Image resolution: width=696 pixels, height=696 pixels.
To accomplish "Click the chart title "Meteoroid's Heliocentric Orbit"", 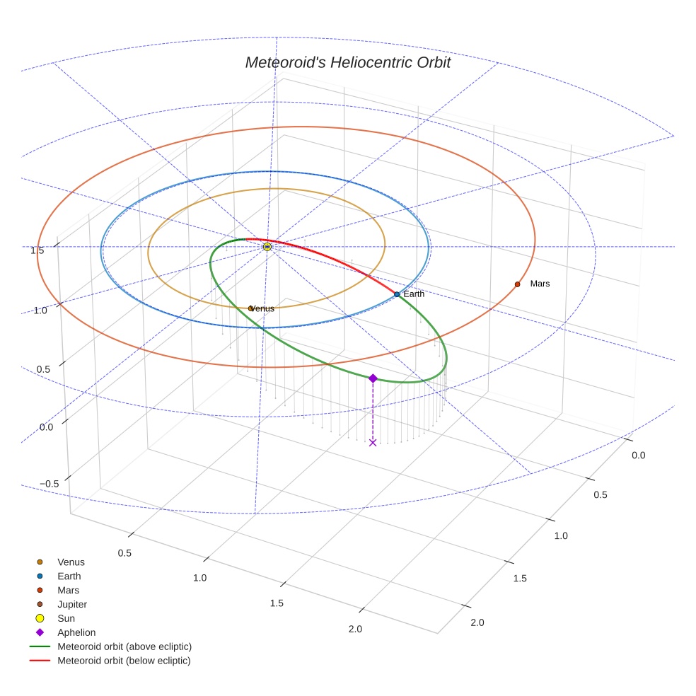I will [347, 62].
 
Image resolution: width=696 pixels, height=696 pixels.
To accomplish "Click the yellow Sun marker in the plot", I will [267, 246].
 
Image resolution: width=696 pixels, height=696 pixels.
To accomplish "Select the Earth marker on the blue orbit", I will [397, 294].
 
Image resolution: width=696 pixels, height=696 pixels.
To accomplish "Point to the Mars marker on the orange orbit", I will [517, 284].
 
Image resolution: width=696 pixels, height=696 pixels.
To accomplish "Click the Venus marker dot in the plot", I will [250, 308].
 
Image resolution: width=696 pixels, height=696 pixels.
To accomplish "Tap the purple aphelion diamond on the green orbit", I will [373, 378].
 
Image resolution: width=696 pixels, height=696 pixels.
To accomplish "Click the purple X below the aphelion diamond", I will [373, 443].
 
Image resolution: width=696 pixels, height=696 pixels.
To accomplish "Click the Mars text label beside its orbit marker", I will [540, 284].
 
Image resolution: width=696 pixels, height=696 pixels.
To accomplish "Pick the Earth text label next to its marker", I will [414, 294].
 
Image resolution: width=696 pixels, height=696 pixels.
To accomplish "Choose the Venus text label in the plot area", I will [263, 309].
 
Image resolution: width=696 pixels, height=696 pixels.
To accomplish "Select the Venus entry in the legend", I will [71, 562].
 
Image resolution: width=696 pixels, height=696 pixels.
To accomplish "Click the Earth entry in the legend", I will [69, 576].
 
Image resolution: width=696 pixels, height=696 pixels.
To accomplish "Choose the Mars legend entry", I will [68, 590].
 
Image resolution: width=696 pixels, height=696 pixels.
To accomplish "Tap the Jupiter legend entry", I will [72, 604].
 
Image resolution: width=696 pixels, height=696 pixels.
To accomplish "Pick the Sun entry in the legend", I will [65, 618].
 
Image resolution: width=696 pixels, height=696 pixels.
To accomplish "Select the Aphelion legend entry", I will [76, 632].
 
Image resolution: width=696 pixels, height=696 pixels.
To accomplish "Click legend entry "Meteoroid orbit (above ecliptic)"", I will [124, 646].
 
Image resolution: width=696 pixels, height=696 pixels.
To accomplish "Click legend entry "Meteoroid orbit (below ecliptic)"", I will [124, 661].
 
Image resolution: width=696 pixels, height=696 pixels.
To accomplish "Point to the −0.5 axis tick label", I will [49, 483].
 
